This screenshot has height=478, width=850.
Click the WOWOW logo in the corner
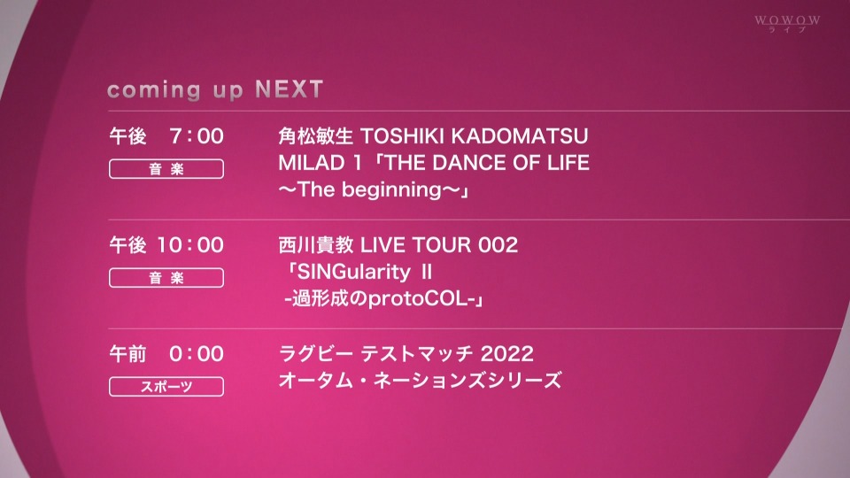click(787, 23)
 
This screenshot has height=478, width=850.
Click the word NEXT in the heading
click(290, 89)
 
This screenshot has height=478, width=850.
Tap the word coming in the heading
click(153, 91)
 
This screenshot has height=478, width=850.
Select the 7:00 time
click(197, 136)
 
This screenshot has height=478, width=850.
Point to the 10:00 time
click(190, 245)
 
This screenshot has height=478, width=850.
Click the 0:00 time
click(197, 354)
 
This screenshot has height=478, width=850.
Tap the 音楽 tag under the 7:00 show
click(166, 169)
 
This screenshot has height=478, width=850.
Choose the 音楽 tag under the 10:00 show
click(166, 278)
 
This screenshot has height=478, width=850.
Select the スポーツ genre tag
click(166, 387)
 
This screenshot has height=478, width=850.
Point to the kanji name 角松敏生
click(315, 136)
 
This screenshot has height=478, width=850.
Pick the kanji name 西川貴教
click(315, 245)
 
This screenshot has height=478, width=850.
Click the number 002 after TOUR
click(498, 245)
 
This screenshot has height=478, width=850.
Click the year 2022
click(506, 354)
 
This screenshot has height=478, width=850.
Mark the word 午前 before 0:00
click(127, 354)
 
